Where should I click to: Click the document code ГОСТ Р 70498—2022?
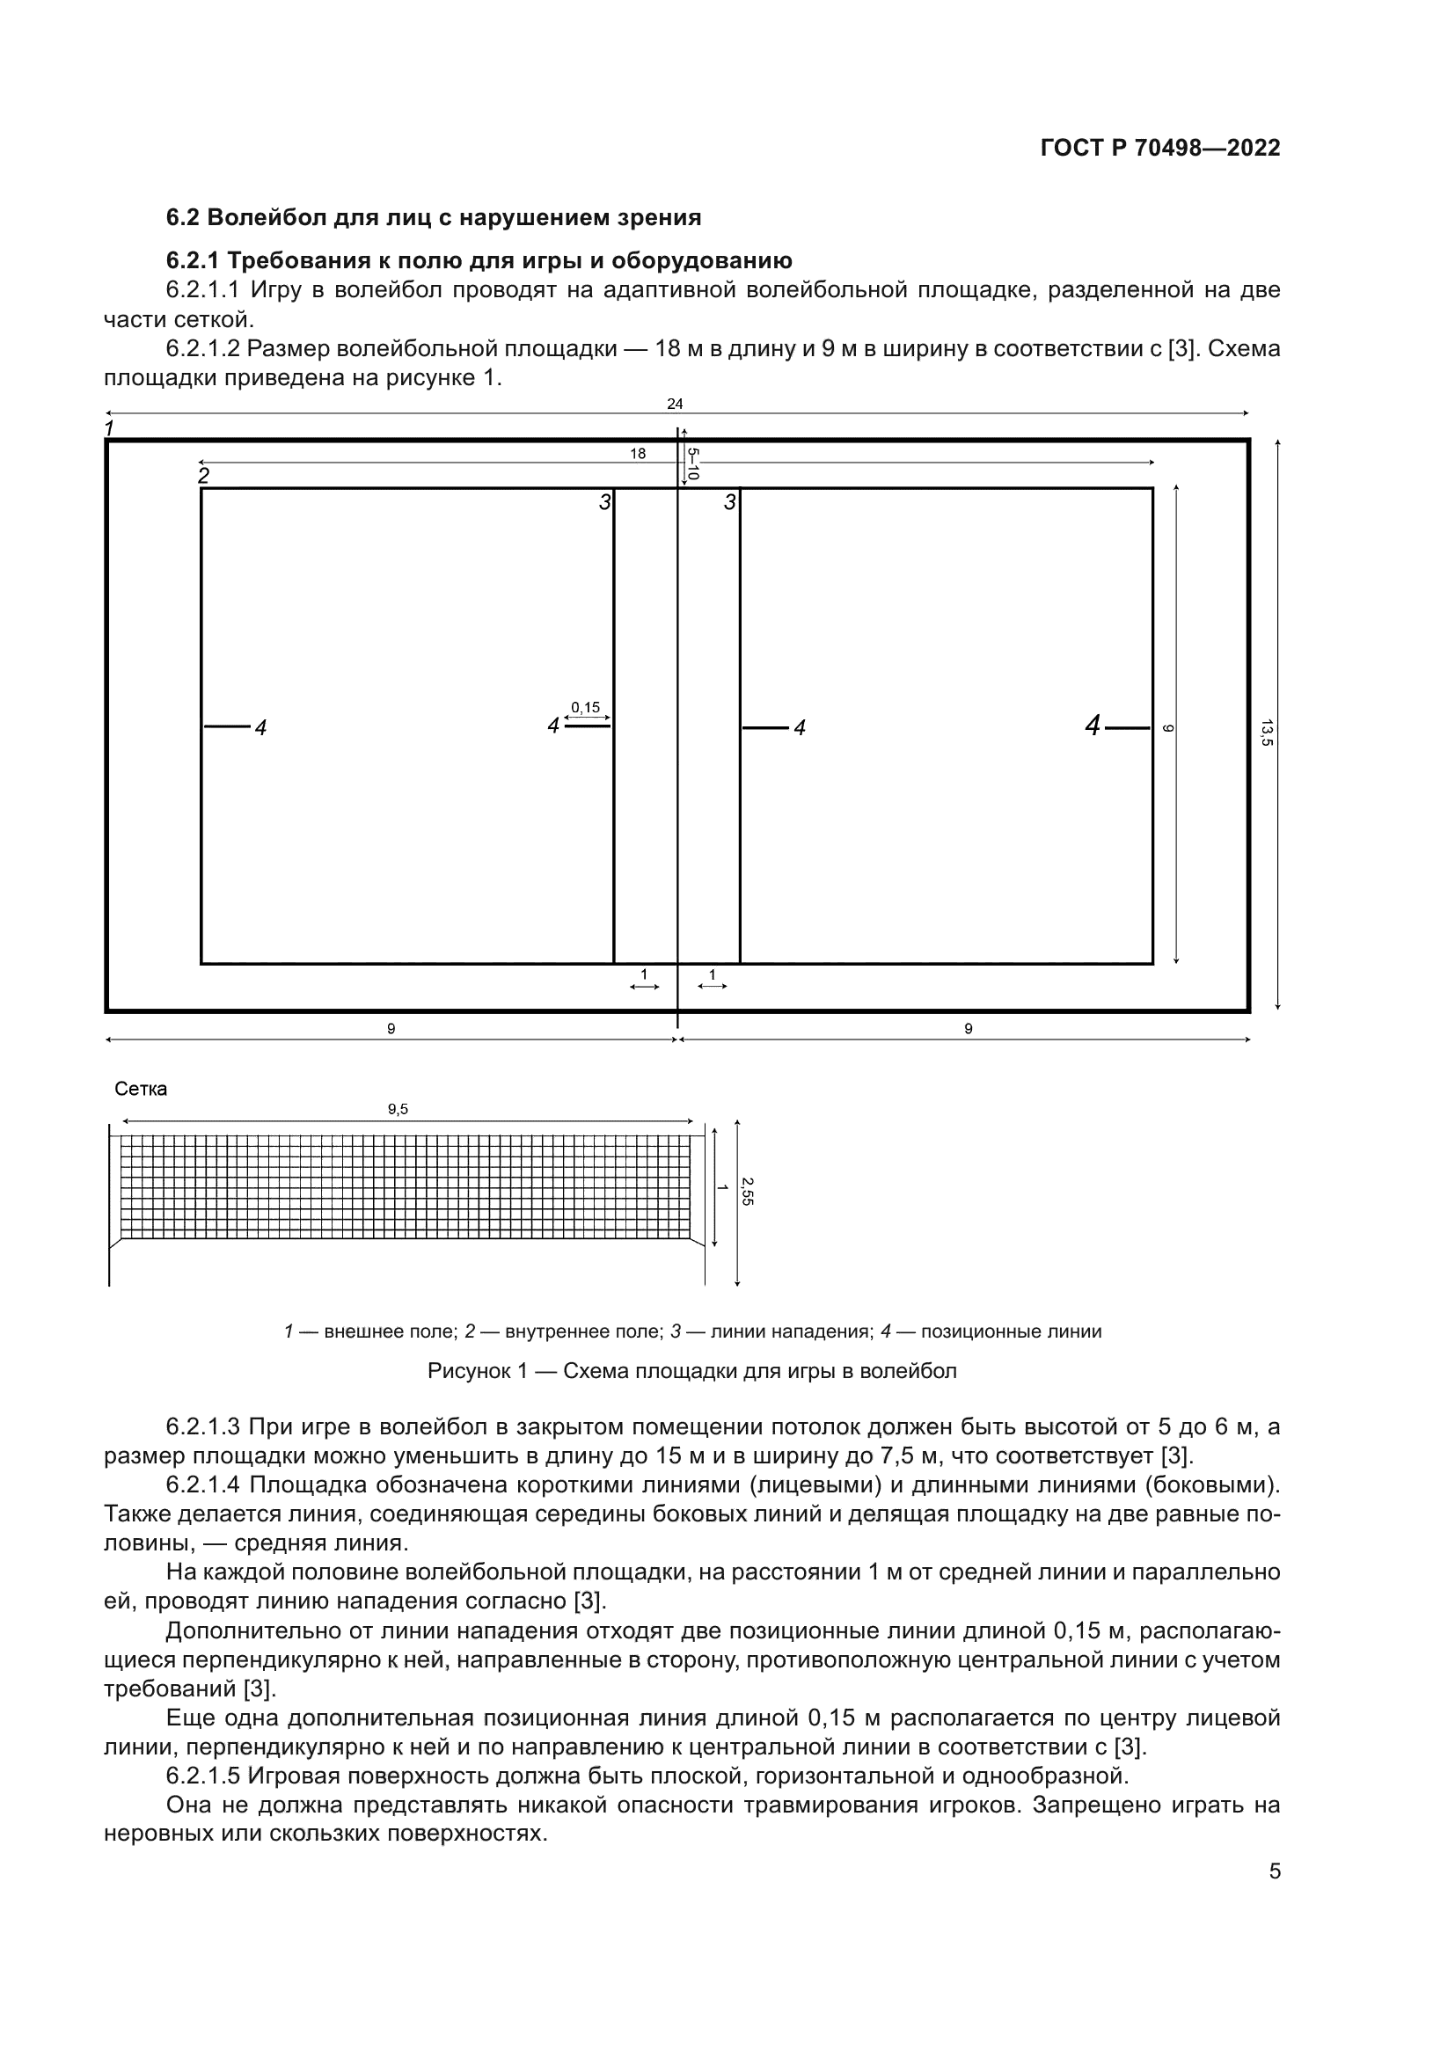point(1159,149)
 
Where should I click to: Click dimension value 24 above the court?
point(675,404)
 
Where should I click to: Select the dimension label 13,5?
point(1266,732)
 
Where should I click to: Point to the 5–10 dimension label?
point(692,464)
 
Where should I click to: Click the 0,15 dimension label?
point(586,708)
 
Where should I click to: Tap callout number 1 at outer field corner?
point(109,428)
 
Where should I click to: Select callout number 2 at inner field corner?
point(204,476)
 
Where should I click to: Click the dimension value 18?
point(637,454)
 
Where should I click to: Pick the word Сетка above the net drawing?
point(141,1090)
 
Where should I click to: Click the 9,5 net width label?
point(398,1109)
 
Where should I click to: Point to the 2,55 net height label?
point(747,1191)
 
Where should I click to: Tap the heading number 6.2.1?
point(192,260)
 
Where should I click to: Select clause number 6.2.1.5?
point(202,1776)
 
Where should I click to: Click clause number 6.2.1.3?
point(202,1426)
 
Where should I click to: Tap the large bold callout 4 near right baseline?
point(1093,726)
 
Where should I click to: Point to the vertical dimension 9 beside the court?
point(1167,728)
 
